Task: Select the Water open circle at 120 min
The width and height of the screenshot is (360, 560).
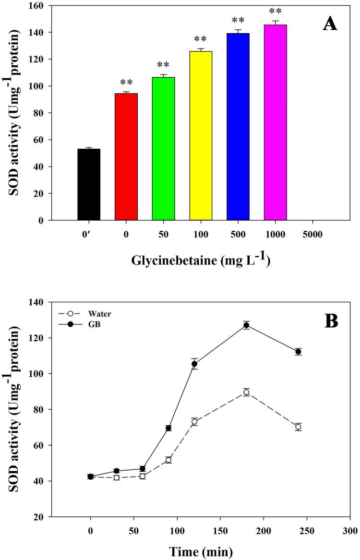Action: point(194,422)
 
